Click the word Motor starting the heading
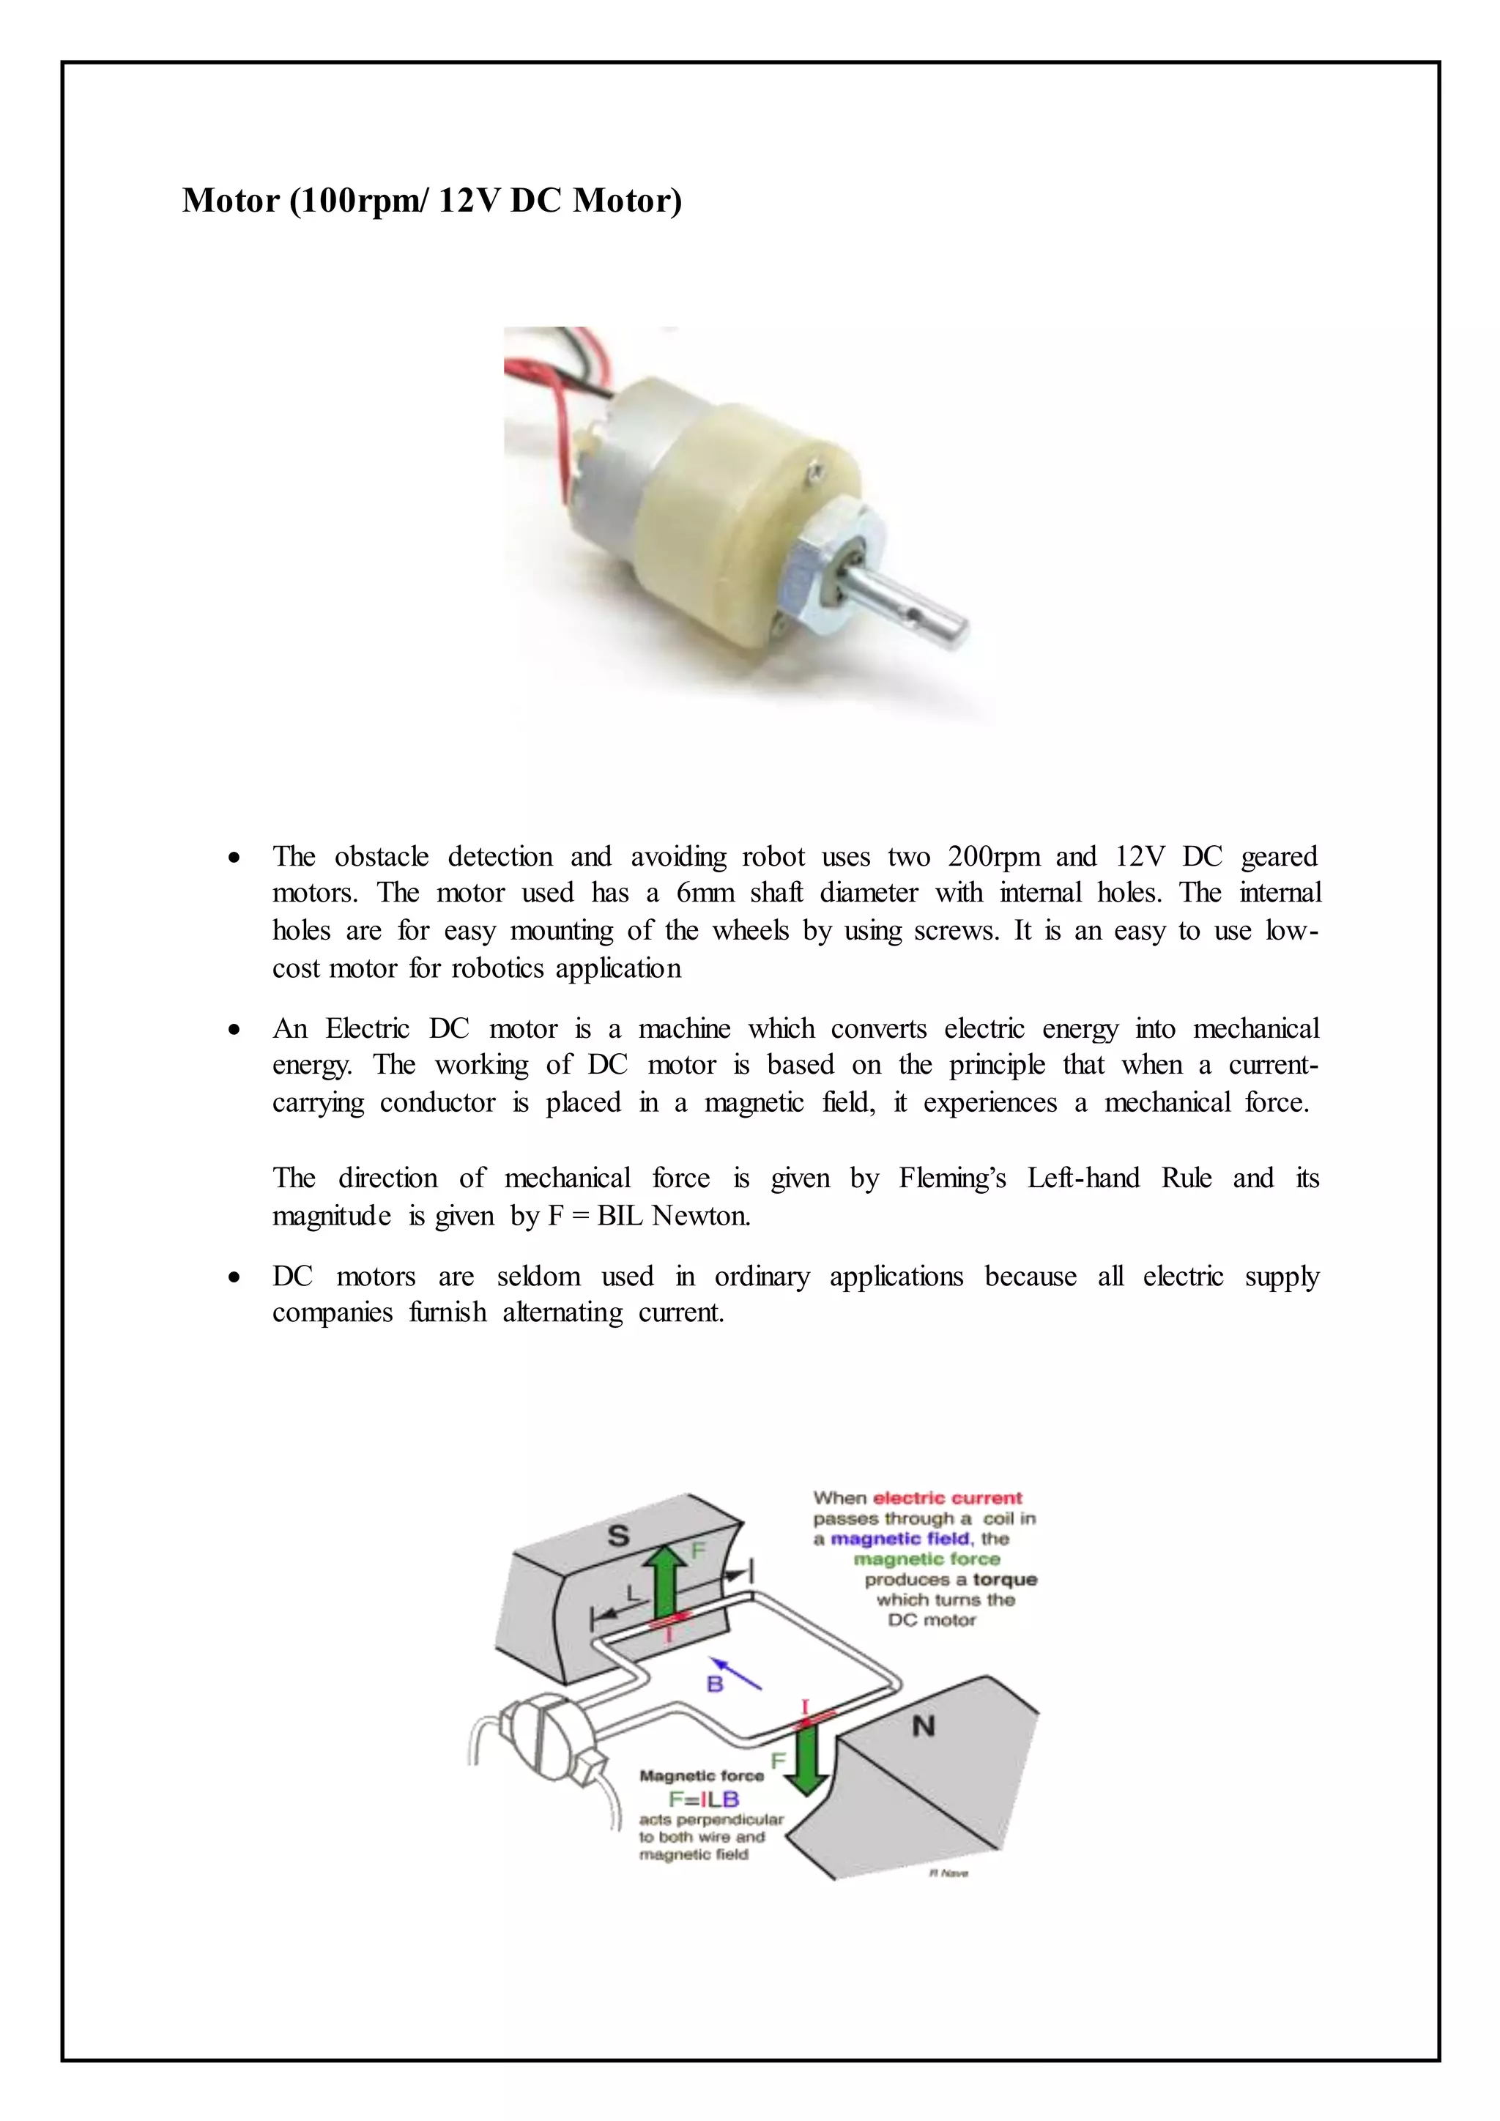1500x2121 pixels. click(230, 201)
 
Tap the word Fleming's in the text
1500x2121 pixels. click(951, 1178)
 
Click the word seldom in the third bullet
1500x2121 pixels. click(538, 1276)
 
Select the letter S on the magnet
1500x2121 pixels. click(618, 1537)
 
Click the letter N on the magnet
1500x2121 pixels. click(923, 1726)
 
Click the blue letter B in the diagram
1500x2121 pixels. click(715, 1684)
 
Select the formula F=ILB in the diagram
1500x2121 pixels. click(704, 1799)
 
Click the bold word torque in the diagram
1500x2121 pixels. click(1005, 1580)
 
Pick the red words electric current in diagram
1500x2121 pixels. click(948, 1498)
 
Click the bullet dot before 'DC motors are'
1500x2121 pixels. click(236, 1277)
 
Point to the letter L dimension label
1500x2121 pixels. click(633, 1593)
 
